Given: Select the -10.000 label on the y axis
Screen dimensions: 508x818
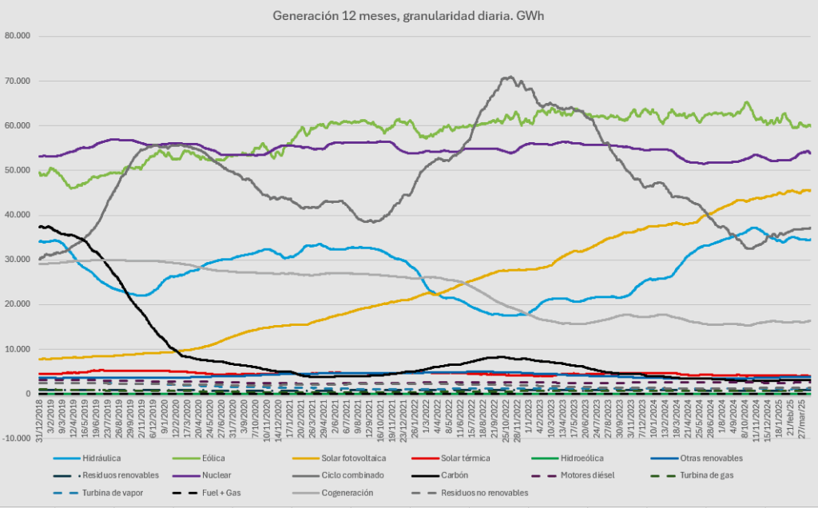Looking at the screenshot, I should (x=16, y=439).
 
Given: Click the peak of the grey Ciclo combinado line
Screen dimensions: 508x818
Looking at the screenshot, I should (x=509, y=77).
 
